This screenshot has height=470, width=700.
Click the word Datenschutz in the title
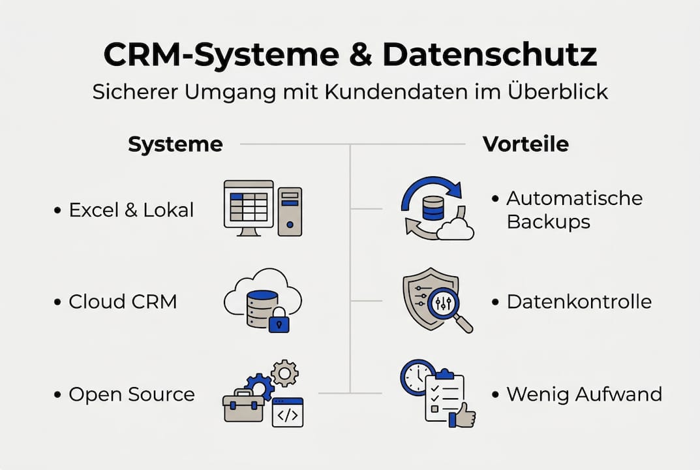489,56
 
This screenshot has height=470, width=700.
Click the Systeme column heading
175,144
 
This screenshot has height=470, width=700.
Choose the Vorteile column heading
525,144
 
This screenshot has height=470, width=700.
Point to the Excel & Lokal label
131,210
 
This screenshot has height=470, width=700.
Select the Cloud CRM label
123,302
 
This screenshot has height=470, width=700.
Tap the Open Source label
131,394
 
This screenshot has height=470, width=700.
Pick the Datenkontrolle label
579,302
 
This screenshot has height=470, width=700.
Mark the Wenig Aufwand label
584,394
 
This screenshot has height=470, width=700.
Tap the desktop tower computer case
290,211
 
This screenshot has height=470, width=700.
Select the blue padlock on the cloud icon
279,321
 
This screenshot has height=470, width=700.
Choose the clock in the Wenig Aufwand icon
416,377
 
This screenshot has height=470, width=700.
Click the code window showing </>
288,413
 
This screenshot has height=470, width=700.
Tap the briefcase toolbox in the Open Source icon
243,406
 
